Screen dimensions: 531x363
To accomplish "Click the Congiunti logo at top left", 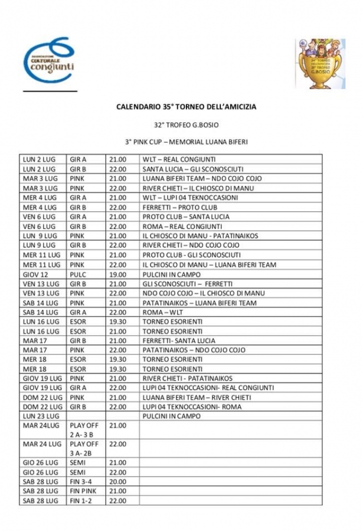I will (50, 62).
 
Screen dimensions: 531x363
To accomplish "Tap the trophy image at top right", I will (319, 64).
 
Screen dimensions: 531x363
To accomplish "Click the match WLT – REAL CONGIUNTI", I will (178, 159).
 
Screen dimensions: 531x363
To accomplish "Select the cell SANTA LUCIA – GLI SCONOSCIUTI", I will (191, 169).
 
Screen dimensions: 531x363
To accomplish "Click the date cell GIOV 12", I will (36, 274).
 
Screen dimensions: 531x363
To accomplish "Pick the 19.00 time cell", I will (118, 274).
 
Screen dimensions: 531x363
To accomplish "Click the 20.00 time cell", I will (118, 481).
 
